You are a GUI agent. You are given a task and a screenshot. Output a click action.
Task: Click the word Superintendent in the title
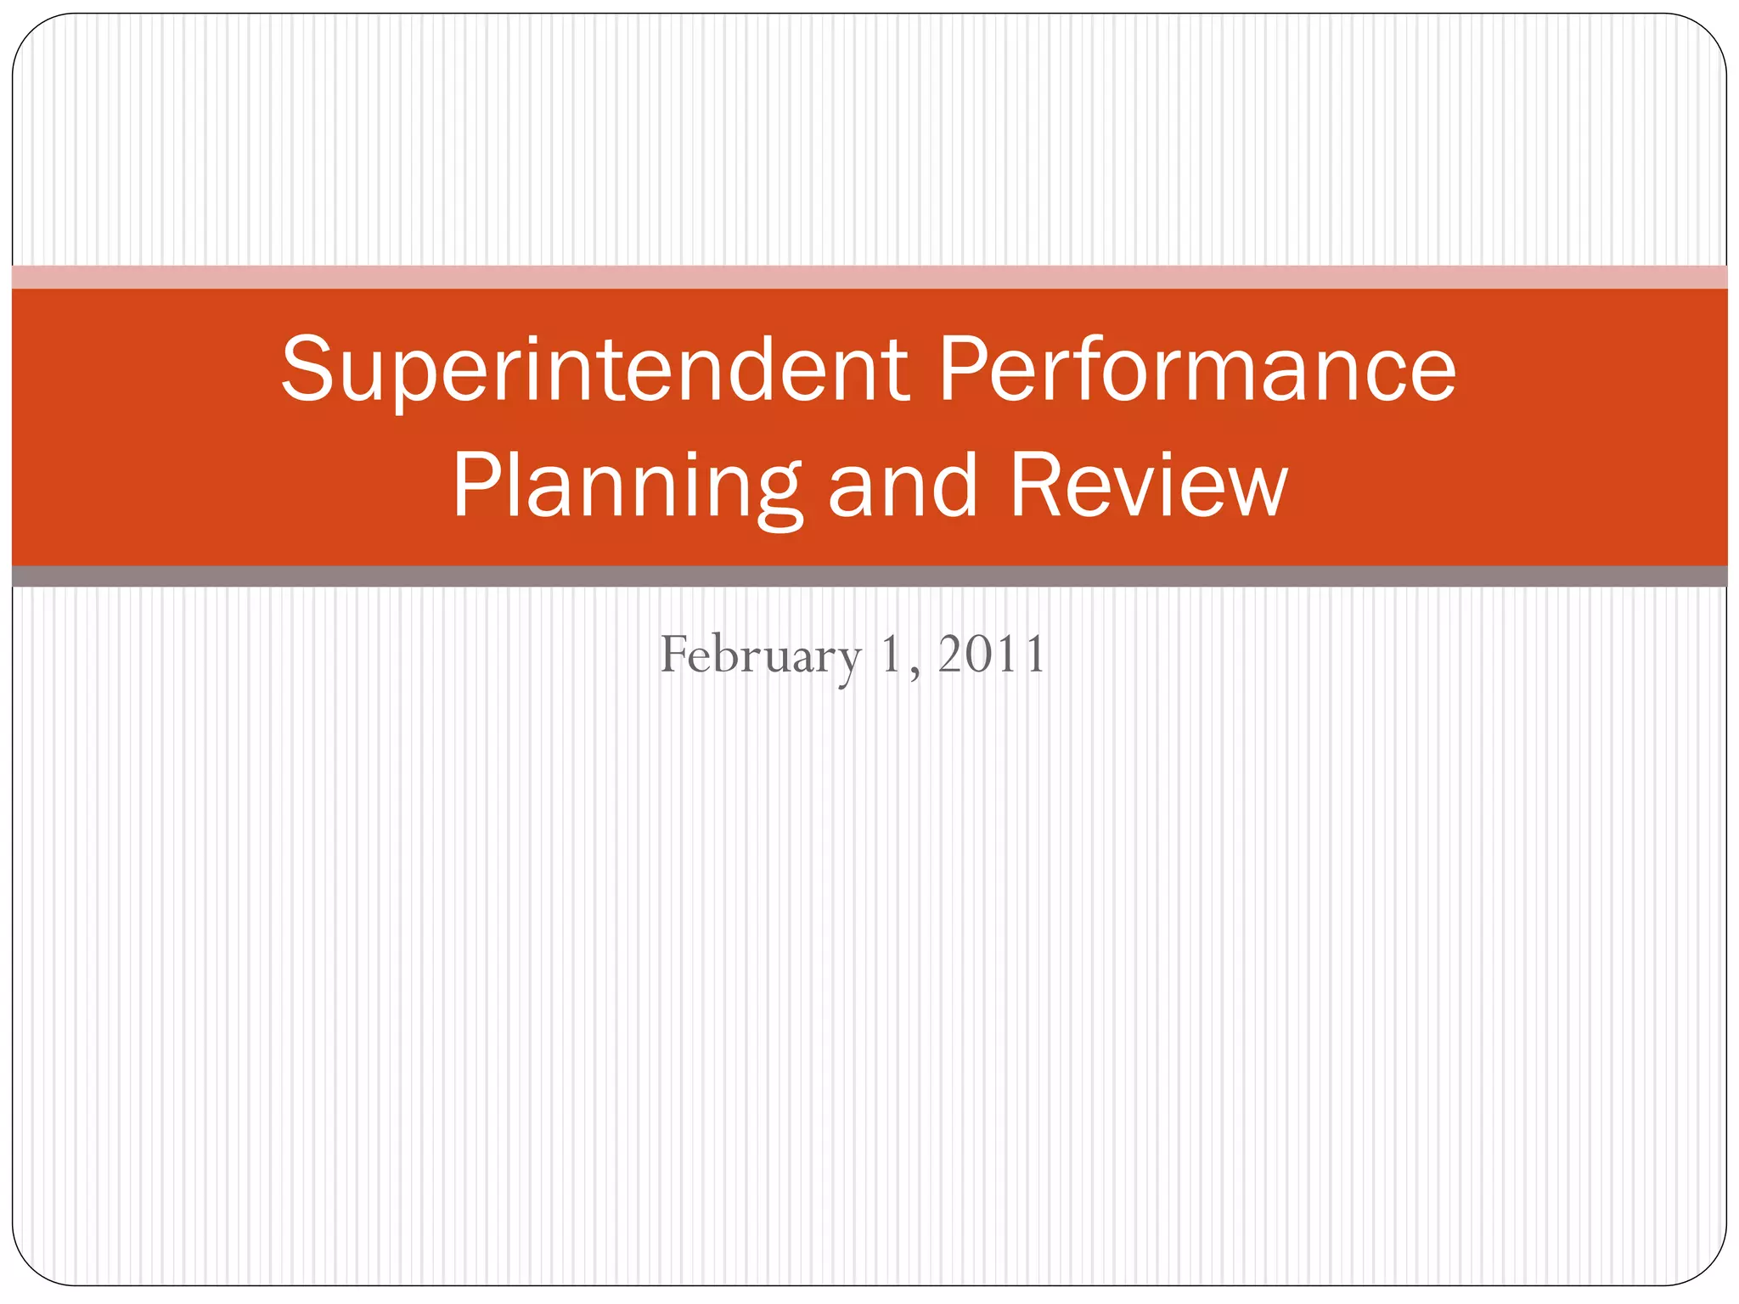(x=594, y=370)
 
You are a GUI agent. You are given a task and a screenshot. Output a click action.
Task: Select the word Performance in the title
(x=1197, y=370)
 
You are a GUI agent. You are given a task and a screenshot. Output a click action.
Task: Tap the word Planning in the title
(x=627, y=487)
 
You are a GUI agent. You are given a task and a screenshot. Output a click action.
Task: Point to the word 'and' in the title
(x=902, y=486)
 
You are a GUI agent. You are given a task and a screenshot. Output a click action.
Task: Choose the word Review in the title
(x=1148, y=486)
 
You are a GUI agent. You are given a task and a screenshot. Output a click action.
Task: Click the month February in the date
(x=760, y=655)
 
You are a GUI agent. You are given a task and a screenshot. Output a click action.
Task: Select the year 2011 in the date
(x=991, y=655)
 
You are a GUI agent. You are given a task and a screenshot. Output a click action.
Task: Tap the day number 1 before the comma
(x=890, y=655)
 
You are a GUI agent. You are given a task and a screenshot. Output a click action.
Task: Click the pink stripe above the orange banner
(x=869, y=277)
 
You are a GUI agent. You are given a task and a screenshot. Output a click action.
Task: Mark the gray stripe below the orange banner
(x=869, y=576)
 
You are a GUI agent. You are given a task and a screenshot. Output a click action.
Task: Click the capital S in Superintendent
(x=307, y=370)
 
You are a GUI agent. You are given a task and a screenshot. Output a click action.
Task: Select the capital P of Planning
(x=476, y=486)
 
